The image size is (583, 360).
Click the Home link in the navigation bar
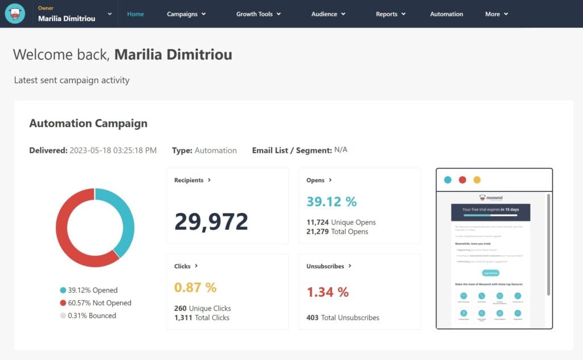[136, 14]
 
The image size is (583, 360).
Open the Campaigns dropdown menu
[186, 14]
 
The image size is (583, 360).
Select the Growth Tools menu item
[258, 14]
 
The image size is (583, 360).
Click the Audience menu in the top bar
[329, 14]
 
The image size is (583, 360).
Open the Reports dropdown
[391, 14]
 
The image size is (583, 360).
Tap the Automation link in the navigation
[446, 14]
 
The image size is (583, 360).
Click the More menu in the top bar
[496, 14]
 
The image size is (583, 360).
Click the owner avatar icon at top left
[15, 14]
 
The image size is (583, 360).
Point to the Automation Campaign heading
[88, 123]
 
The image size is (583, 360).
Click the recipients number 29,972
[211, 222]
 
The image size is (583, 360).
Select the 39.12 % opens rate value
[331, 202]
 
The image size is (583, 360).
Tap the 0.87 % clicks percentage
[195, 287]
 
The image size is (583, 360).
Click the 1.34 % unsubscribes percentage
[327, 292]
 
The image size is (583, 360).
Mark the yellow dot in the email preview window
[477, 180]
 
